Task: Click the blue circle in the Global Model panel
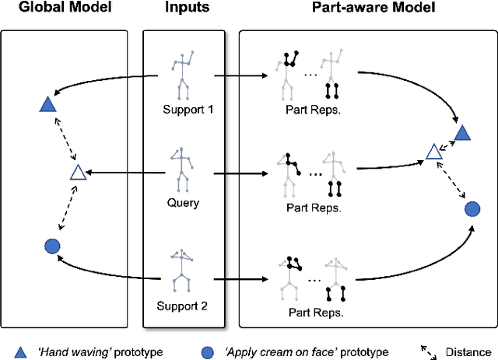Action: coord(51,246)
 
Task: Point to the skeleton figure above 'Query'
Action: coord(184,169)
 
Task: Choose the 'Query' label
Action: coord(184,203)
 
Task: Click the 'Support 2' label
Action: coord(184,306)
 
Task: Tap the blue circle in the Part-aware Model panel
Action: coord(472,208)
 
